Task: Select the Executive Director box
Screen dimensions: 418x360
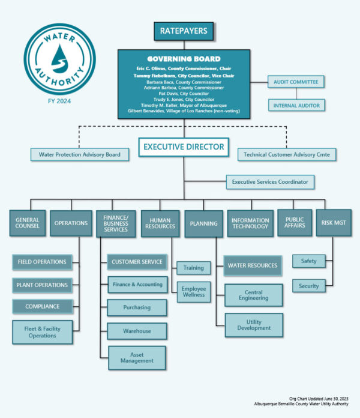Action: coord(184,147)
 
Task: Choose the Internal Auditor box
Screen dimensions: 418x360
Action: coord(296,105)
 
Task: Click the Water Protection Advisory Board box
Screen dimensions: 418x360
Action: coord(79,155)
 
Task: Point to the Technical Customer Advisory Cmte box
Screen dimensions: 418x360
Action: coord(287,155)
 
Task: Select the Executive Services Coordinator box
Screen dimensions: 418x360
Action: coord(270,181)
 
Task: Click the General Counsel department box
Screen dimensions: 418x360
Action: coord(28,223)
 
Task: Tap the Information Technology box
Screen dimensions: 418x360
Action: coord(250,223)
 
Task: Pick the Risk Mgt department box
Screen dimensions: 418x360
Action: coord(333,223)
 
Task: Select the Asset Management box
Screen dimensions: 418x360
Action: coord(138,357)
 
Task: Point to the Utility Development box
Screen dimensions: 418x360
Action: coord(254,324)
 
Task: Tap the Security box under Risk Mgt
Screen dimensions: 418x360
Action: coord(308,286)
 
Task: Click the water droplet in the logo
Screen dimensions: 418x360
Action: coord(59,61)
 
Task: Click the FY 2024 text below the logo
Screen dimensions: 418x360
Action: coord(59,101)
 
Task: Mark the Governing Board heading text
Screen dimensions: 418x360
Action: coord(184,59)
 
